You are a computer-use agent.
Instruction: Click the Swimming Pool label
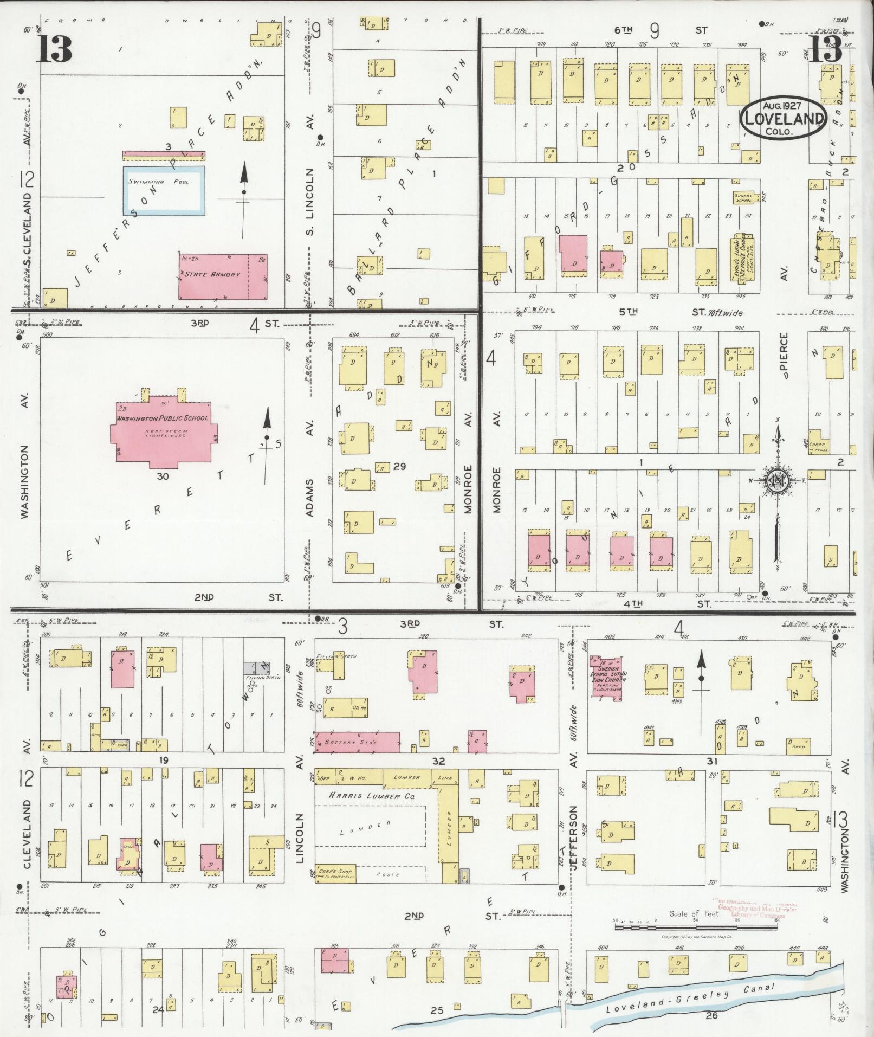(159, 182)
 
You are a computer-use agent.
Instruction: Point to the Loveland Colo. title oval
(785, 119)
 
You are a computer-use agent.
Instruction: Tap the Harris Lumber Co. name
(366, 796)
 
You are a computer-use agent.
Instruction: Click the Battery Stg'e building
(358, 742)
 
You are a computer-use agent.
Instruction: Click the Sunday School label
(743, 198)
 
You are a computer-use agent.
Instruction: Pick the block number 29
(400, 466)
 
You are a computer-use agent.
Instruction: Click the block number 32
(438, 761)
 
